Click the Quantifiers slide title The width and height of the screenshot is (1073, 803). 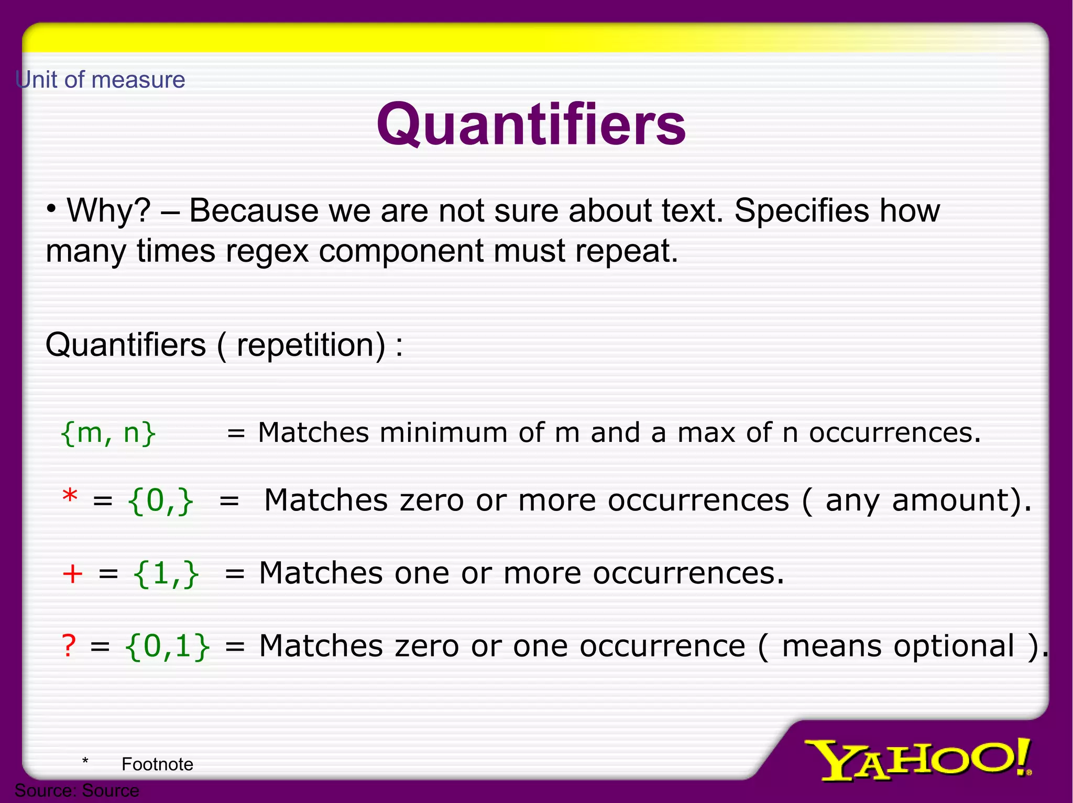click(531, 125)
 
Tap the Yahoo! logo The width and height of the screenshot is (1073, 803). click(917, 759)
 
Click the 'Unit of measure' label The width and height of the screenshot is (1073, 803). click(101, 80)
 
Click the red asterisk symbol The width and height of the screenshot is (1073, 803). click(70, 496)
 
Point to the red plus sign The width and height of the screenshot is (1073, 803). click(72, 573)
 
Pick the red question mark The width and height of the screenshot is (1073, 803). click(69, 645)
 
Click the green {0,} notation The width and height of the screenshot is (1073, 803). click(160, 501)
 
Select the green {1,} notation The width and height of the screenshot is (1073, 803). click(166, 574)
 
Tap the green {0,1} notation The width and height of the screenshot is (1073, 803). click(167, 646)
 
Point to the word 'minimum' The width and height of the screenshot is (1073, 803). click(443, 433)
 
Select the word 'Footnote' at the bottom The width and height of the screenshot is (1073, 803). click(157, 764)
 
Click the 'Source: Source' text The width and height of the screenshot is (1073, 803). click(77, 790)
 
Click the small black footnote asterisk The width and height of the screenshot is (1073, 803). click(85, 761)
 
